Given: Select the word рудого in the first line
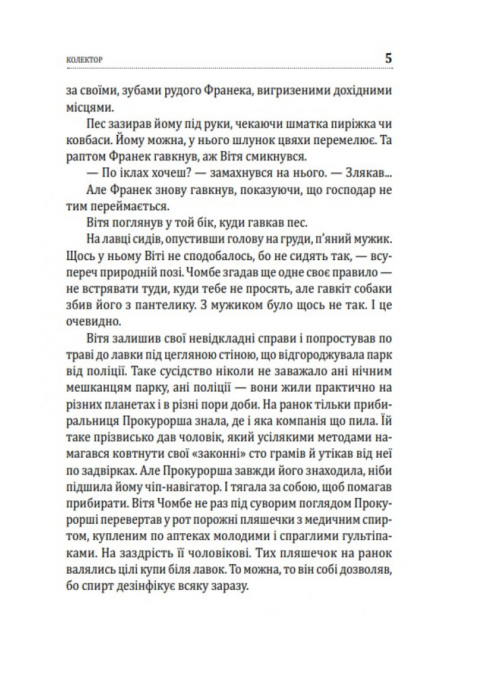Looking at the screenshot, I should pos(180,90).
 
